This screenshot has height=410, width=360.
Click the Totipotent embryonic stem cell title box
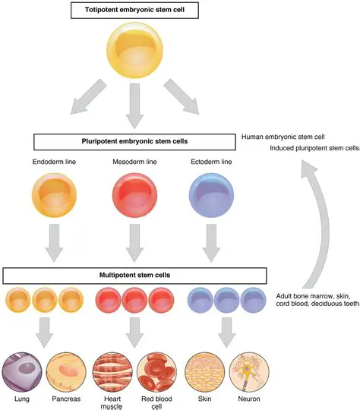coord(134,10)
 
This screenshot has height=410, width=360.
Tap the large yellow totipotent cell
coord(134,51)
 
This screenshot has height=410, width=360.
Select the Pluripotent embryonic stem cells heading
coord(134,141)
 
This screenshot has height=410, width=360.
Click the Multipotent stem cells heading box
coord(134,275)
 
